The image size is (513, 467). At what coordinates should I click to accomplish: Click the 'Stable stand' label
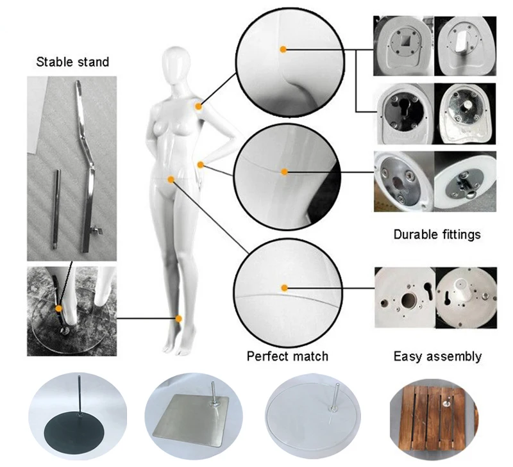[72, 62]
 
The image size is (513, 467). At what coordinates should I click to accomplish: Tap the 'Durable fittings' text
[437, 234]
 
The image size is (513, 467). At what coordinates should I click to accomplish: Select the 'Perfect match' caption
[287, 356]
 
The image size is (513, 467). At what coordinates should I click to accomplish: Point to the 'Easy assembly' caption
[437, 356]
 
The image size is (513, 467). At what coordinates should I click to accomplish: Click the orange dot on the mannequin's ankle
[178, 318]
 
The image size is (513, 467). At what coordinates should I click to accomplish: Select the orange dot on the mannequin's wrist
[201, 165]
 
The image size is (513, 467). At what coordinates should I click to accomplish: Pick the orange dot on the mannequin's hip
[171, 177]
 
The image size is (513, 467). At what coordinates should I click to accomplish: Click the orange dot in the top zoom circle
[283, 49]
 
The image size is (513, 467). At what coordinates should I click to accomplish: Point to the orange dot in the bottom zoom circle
[283, 286]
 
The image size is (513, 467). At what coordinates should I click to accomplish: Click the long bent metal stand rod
[87, 160]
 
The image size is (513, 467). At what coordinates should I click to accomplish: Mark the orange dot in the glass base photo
[58, 308]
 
